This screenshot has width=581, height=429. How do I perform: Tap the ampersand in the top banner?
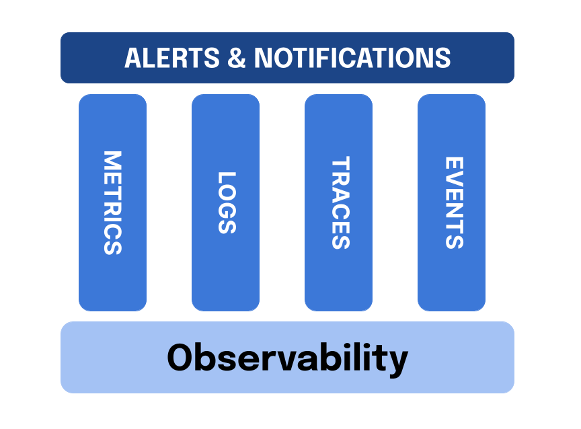pyautogui.click(x=237, y=58)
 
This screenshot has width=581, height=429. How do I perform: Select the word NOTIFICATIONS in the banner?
pyautogui.click(x=352, y=58)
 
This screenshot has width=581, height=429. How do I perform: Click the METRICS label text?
pyautogui.click(x=112, y=202)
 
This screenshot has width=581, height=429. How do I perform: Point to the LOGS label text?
pyautogui.click(x=226, y=202)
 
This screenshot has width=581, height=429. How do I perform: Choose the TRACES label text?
pyautogui.click(x=340, y=202)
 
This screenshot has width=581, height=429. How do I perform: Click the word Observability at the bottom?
pyautogui.click(x=287, y=357)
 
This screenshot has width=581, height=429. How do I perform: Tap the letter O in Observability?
pyautogui.click(x=182, y=357)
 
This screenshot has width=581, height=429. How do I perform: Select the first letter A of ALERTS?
pyautogui.click(x=134, y=58)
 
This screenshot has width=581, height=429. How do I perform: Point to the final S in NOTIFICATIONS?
pyautogui.click(x=442, y=58)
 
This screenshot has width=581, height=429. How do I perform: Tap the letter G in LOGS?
pyautogui.click(x=226, y=208)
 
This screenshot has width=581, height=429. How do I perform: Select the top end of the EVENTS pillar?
pyautogui.click(x=451, y=98)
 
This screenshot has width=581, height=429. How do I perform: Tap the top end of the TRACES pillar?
pyautogui.click(x=338, y=98)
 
